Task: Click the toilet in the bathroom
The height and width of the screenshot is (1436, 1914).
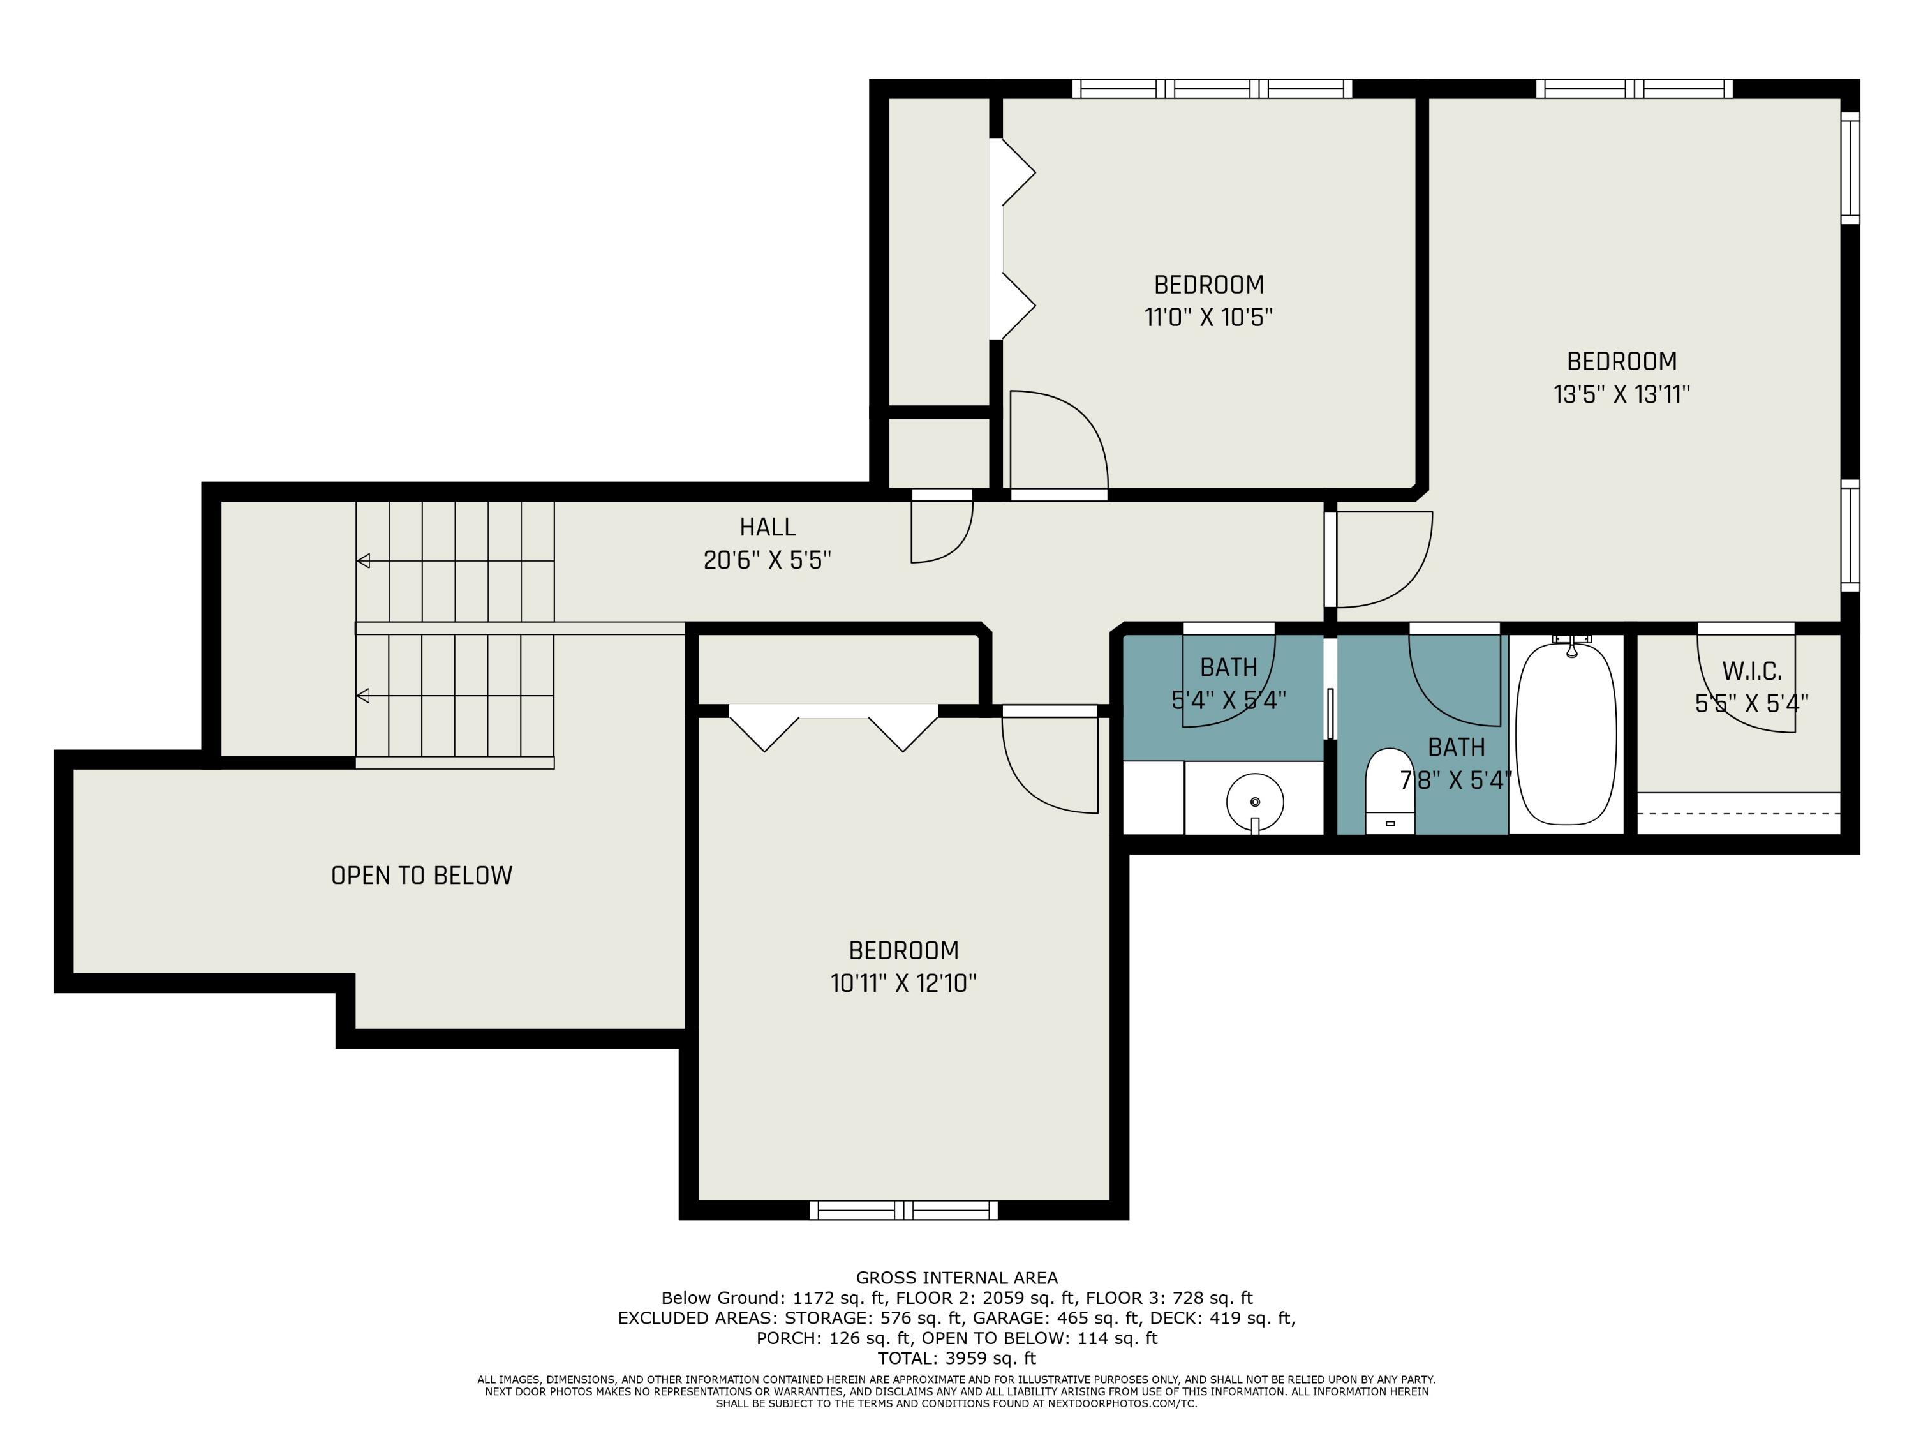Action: [1390, 793]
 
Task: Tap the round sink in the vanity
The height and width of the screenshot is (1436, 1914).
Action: [1255, 802]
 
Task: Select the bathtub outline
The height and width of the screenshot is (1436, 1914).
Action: [1566, 734]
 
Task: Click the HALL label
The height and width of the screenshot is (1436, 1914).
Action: [768, 527]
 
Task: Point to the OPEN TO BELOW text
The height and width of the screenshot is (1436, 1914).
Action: [421, 875]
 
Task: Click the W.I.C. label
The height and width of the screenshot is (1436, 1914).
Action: [1751, 671]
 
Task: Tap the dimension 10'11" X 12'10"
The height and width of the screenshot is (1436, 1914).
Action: [903, 984]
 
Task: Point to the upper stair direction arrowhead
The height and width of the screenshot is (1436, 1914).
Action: [364, 561]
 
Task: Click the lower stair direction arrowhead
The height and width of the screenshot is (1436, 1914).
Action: [364, 696]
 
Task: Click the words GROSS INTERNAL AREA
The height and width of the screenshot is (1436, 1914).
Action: [956, 1278]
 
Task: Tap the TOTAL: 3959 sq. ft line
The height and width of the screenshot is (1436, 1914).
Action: [956, 1358]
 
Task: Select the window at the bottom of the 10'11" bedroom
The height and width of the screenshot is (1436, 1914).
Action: [903, 1210]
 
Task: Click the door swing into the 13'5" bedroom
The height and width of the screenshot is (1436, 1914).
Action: [1384, 559]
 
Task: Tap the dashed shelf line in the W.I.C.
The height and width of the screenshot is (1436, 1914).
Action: [1739, 814]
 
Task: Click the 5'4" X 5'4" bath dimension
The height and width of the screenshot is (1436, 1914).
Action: [1229, 700]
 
